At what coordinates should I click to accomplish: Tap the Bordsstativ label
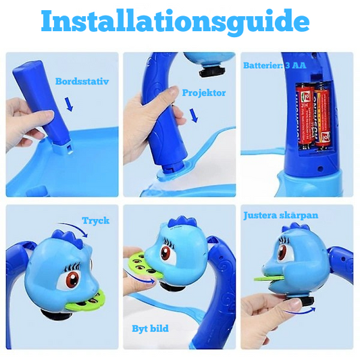82,81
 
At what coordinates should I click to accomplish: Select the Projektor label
204,93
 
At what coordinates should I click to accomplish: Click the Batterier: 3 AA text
275,66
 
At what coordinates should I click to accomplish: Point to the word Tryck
96,220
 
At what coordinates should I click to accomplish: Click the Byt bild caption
150,328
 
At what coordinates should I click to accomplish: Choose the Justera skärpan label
281,215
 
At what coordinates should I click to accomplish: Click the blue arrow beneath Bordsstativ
69,104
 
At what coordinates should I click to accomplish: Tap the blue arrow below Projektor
194,115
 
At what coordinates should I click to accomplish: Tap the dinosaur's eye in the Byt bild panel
167,253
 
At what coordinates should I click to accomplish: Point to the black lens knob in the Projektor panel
211,71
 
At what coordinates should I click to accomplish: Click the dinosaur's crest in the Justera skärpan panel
295,228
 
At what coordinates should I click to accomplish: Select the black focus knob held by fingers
305,301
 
